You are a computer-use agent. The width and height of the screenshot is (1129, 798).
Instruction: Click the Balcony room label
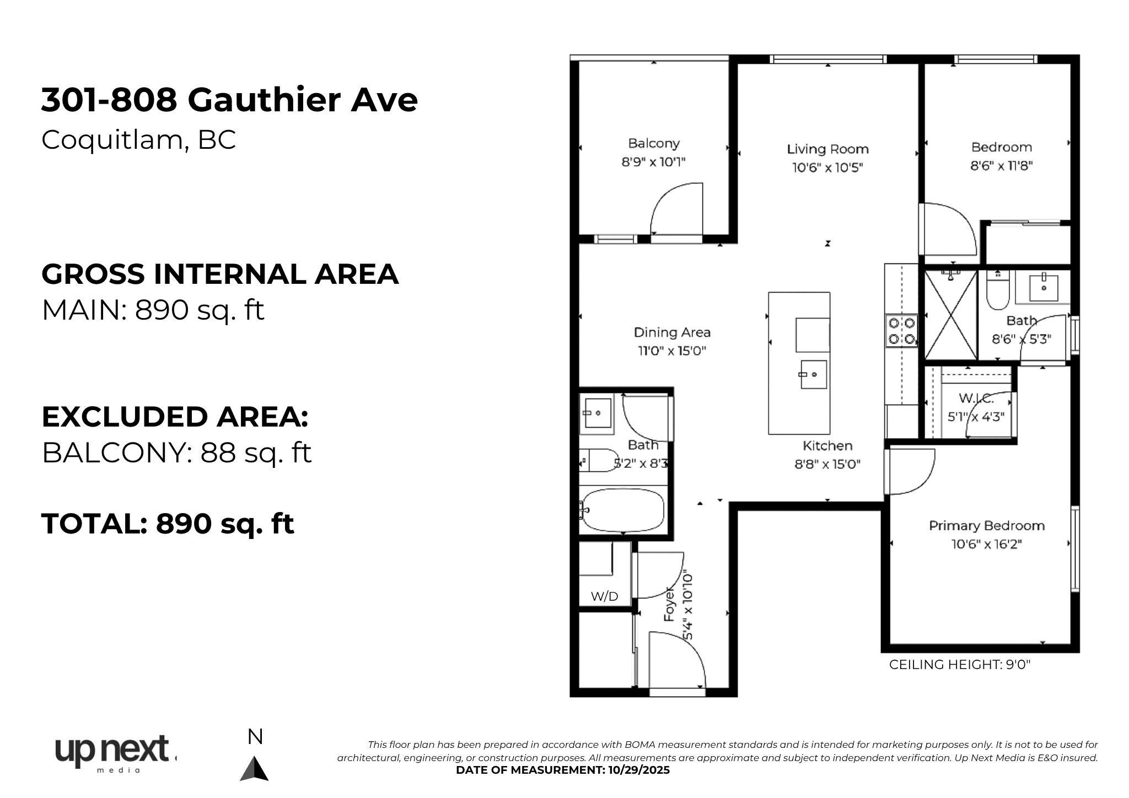pyautogui.click(x=654, y=143)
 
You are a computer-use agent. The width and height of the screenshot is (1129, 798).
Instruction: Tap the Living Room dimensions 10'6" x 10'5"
pyautogui.click(x=827, y=167)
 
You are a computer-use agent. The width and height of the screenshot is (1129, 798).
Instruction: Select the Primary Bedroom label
pyautogui.click(x=987, y=526)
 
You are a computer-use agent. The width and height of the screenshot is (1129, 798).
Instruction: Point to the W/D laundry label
pyautogui.click(x=605, y=596)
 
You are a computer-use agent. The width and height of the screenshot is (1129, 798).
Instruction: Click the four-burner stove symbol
pyautogui.click(x=901, y=331)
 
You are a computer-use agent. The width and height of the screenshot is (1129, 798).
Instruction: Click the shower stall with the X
pyautogui.click(x=951, y=315)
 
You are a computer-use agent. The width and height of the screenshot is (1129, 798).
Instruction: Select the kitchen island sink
pyautogui.click(x=813, y=374)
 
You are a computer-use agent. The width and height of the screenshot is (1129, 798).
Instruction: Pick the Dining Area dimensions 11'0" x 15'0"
pyautogui.click(x=672, y=351)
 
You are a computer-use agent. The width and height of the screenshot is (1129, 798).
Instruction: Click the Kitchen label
pyautogui.click(x=827, y=446)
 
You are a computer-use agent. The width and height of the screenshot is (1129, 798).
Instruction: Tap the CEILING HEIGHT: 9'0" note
pyautogui.click(x=960, y=665)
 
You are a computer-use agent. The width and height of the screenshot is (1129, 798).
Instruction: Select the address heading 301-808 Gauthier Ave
pyautogui.click(x=229, y=100)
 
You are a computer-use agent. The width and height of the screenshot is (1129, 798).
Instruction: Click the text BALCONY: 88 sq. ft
pyautogui.click(x=177, y=453)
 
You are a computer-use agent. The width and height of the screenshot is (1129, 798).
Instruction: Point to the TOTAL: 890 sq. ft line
pyautogui.click(x=168, y=524)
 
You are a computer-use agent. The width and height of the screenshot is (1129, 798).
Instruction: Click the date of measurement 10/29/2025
pyautogui.click(x=639, y=770)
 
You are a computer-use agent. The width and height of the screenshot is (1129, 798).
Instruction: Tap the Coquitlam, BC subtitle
pyautogui.click(x=139, y=139)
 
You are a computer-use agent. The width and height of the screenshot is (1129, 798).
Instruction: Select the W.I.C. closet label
pyautogui.click(x=976, y=398)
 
